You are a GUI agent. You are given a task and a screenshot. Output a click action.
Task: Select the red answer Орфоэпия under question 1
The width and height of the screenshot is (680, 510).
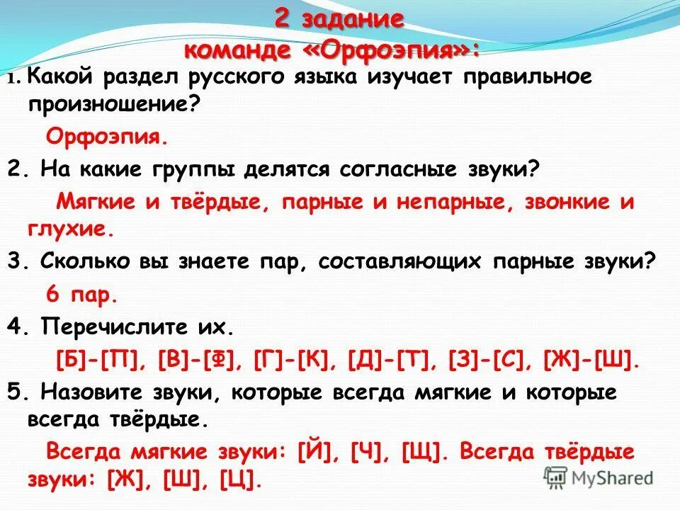(x=107, y=135)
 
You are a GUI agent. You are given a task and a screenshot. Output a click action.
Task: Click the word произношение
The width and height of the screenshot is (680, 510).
(x=113, y=103)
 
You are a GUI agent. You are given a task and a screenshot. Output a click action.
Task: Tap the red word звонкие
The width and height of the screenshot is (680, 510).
(x=570, y=203)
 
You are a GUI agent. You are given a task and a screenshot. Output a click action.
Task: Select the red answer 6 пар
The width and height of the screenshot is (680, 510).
(x=81, y=294)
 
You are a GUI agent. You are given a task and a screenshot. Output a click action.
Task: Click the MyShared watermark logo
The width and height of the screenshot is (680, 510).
(x=599, y=477)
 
